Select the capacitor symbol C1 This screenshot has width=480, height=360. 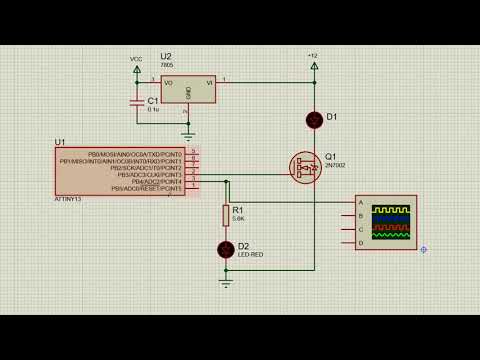(137, 102)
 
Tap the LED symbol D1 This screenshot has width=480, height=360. (314, 120)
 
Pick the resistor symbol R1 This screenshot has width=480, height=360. (226, 214)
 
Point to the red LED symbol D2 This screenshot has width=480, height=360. (226, 248)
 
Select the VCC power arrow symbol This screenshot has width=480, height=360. (137, 69)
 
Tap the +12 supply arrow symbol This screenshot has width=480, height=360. (314, 66)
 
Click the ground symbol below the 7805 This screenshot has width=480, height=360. (187, 131)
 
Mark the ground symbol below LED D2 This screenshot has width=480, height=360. (226, 282)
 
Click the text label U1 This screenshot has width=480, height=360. (60, 143)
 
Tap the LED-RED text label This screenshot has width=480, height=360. (250, 255)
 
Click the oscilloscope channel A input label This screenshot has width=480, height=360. (361, 202)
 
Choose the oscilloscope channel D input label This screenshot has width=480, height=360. (361, 242)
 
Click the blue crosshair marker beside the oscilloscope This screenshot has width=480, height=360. (423, 249)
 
